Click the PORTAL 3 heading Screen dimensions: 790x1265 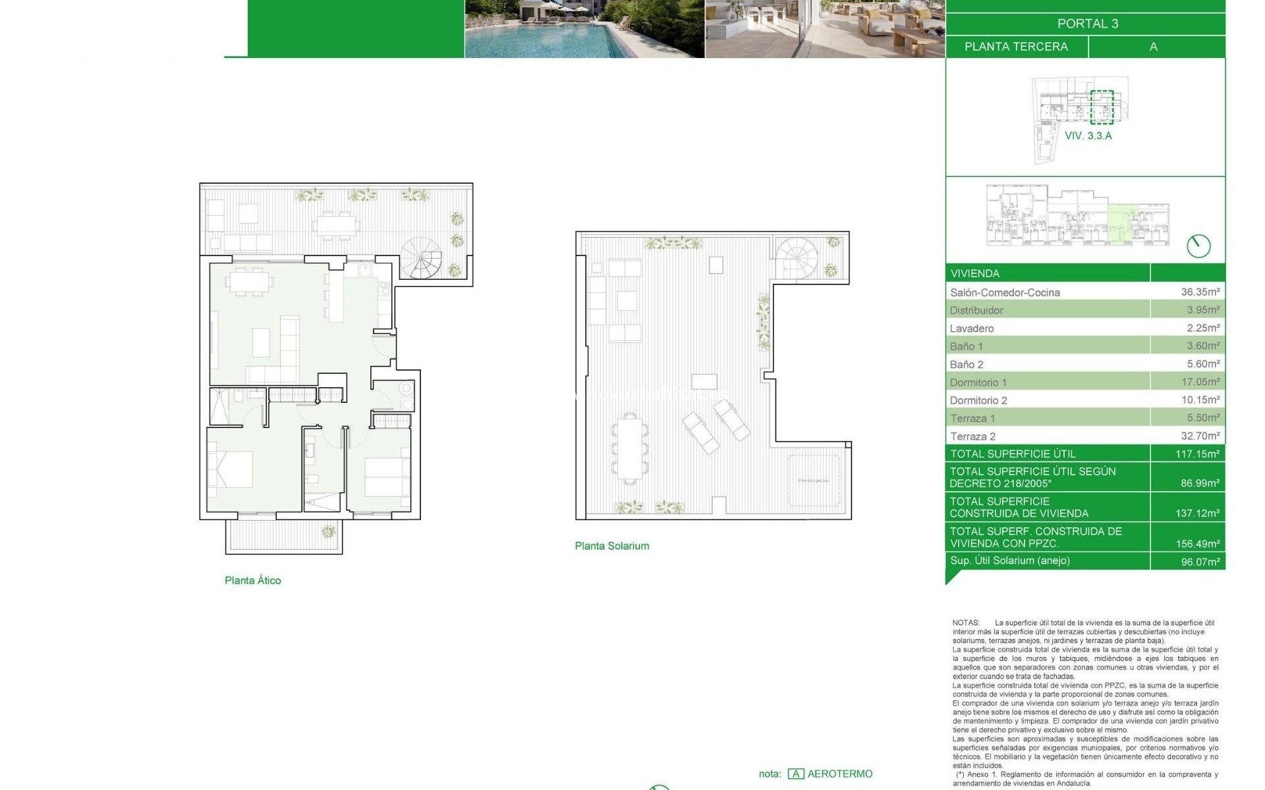coord(1087,24)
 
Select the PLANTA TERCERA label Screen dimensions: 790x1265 coord(1016,47)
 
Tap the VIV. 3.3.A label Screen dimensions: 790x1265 coord(1088,136)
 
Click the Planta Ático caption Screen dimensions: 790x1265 coord(253,580)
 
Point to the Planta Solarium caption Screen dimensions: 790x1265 coord(611,546)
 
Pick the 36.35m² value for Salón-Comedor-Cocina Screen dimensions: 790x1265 coord(1200,292)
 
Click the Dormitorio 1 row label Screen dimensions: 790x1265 coord(978,382)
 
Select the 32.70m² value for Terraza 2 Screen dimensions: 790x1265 coord(1200,436)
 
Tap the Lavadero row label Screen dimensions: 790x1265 coord(972,329)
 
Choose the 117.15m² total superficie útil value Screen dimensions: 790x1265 coord(1197,454)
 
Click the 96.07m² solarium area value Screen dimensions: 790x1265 coord(1200,562)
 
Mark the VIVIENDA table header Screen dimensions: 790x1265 coord(974,273)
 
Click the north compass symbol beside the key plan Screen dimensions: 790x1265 coord(1198,246)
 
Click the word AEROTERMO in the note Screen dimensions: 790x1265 coord(839,774)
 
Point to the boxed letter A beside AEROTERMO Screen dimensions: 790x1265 coord(795,774)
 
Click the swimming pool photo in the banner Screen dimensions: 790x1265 coord(584,29)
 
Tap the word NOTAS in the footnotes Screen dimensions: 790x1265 coord(966,623)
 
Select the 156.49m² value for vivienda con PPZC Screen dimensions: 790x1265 coord(1197,544)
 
